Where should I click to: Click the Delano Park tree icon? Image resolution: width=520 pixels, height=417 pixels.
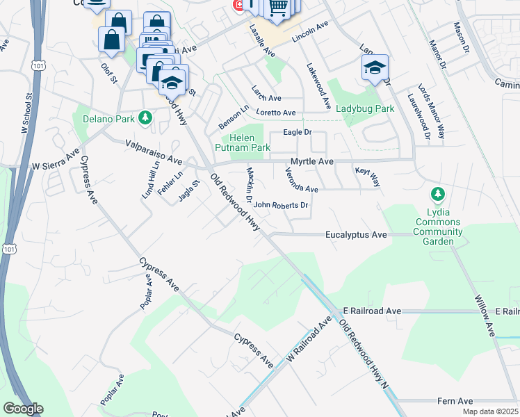tap(145, 117)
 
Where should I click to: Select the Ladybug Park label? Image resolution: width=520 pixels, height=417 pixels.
tap(365, 108)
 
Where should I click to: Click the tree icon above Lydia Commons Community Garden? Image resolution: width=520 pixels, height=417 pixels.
tap(437, 193)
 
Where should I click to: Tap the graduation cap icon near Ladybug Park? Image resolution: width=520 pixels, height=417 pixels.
tap(375, 68)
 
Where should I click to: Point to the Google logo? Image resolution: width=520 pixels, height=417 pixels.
tap(23, 409)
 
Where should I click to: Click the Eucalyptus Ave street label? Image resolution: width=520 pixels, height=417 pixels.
tap(356, 235)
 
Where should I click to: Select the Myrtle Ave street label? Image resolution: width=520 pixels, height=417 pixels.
tap(312, 161)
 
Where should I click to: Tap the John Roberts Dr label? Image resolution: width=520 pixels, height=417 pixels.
tap(280, 205)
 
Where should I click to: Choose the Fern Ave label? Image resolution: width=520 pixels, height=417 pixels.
tap(455, 401)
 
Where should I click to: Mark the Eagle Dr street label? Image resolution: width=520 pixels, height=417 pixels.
tap(297, 131)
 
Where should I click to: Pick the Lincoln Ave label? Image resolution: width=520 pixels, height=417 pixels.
tap(309, 34)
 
